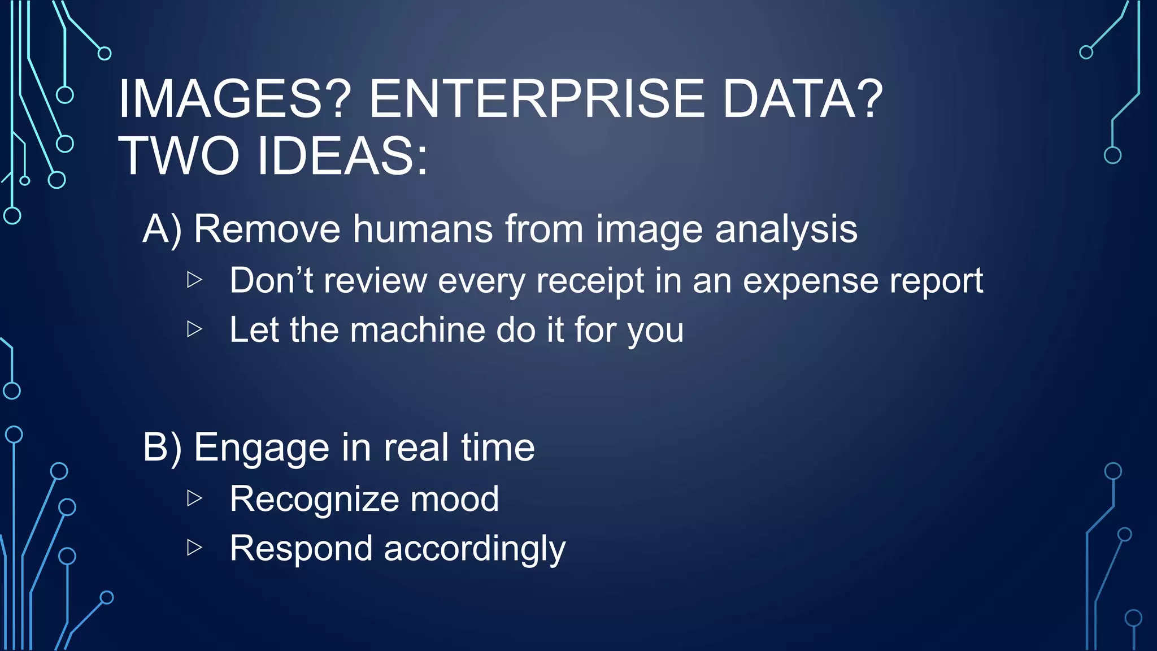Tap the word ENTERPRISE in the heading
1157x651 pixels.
coord(537,99)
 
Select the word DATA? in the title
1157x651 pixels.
coord(802,99)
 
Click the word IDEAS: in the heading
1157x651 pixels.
coord(342,156)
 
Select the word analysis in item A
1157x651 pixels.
coord(786,229)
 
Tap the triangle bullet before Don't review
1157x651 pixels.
coord(194,279)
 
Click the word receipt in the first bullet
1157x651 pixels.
coord(590,281)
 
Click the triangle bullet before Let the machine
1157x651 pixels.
coord(194,328)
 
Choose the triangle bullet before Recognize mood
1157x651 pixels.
coord(194,498)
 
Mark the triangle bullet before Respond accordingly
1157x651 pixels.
coord(194,547)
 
